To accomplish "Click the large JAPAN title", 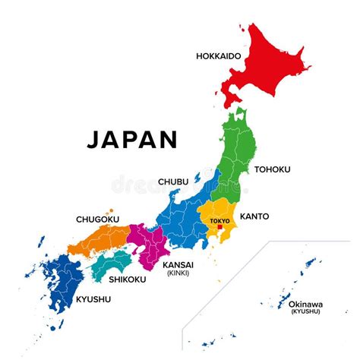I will coord(132,139).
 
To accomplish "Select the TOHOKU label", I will coord(272,169).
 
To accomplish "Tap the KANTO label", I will coord(254,216).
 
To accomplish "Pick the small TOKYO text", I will coord(218,219).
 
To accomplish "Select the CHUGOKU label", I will coord(96,219).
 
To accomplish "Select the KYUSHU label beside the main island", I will coord(93,299).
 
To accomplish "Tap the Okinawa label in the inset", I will coord(305,304).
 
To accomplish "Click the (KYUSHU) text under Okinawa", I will coord(305,312).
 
